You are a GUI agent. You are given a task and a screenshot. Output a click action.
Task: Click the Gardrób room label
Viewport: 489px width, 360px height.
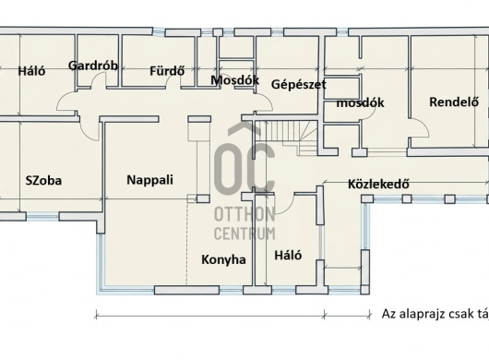coord(93,66)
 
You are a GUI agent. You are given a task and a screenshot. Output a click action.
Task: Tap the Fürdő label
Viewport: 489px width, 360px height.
coord(167,71)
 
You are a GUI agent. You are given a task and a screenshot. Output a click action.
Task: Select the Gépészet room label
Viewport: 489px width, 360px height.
coord(298,85)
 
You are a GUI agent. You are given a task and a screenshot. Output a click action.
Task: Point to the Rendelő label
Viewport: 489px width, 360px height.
coord(454,102)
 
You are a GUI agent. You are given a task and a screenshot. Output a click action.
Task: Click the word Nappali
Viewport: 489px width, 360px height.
coord(149,180)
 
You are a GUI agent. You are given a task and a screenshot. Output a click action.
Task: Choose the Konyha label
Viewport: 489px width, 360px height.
coord(223,259)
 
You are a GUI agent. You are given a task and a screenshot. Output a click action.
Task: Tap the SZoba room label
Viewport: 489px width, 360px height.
coord(43,181)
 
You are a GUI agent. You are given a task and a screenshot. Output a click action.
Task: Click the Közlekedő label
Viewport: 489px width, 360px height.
coord(378,184)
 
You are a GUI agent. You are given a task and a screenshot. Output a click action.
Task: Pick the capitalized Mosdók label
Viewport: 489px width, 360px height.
coord(234,80)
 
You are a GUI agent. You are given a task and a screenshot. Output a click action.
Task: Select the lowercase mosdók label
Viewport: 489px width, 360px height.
coord(360,102)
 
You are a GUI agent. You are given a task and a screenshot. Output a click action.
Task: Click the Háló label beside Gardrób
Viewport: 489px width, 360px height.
coord(31,71)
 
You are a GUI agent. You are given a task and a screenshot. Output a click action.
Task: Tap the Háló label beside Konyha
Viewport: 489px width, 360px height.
coord(288,255)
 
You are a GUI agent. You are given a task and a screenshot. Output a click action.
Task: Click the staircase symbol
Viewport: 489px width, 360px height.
coord(285,138)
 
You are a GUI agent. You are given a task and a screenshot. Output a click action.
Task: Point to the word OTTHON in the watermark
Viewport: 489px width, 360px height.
coord(244,214)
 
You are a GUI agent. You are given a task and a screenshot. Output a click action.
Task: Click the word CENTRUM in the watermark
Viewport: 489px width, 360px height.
coord(244,234)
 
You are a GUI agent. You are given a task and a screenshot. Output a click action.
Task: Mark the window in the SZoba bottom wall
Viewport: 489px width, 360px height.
coord(42,216)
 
